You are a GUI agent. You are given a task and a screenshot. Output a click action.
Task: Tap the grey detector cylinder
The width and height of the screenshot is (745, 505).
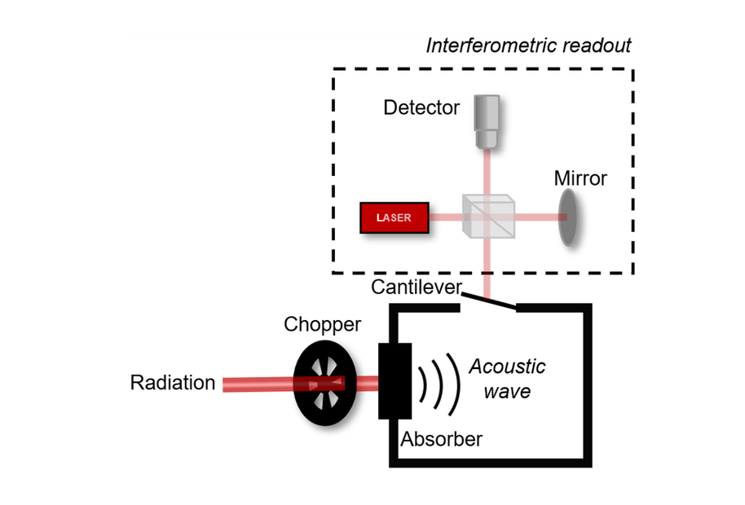(x=489, y=120)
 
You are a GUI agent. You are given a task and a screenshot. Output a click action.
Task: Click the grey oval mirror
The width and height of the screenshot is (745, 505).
(x=567, y=217)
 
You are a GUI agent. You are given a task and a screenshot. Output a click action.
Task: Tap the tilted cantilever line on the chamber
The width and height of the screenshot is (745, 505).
(x=489, y=303)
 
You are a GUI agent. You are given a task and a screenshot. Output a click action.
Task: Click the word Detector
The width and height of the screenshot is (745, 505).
(x=421, y=108)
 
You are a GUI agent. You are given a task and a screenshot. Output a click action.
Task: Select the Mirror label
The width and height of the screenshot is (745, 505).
(x=580, y=178)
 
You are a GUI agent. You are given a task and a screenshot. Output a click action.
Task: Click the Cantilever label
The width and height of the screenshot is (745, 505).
(x=416, y=287)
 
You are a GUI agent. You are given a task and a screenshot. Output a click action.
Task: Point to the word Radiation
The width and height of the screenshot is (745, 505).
(x=173, y=383)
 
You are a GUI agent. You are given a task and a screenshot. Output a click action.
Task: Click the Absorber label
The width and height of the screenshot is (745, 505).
(x=441, y=439)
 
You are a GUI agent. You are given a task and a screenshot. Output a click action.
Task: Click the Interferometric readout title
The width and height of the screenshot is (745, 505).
(x=528, y=45)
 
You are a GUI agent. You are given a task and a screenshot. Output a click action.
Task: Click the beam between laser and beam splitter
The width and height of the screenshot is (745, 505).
(x=447, y=218)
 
